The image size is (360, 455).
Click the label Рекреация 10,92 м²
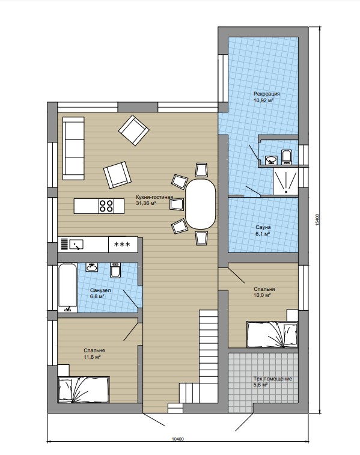point(267,97)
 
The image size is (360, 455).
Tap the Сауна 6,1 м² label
point(263,230)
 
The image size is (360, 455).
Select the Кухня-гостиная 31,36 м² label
point(154,200)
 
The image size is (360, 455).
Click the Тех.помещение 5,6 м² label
point(272,382)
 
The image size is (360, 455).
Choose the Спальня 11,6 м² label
point(94,354)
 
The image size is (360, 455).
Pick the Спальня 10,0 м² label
point(264,292)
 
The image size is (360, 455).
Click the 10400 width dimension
point(178,439)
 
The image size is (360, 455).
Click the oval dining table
point(201,204)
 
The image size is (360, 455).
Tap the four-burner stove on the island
point(106,206)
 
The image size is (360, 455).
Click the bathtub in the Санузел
point(67,287)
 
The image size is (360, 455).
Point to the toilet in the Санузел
point(115,270)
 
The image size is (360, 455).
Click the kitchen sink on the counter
point(76,245)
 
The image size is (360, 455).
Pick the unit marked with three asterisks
point(123,245)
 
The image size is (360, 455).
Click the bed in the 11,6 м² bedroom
point(84,389)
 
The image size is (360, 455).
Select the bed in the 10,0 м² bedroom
point(272,334)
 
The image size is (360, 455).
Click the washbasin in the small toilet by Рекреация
point(272,160)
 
